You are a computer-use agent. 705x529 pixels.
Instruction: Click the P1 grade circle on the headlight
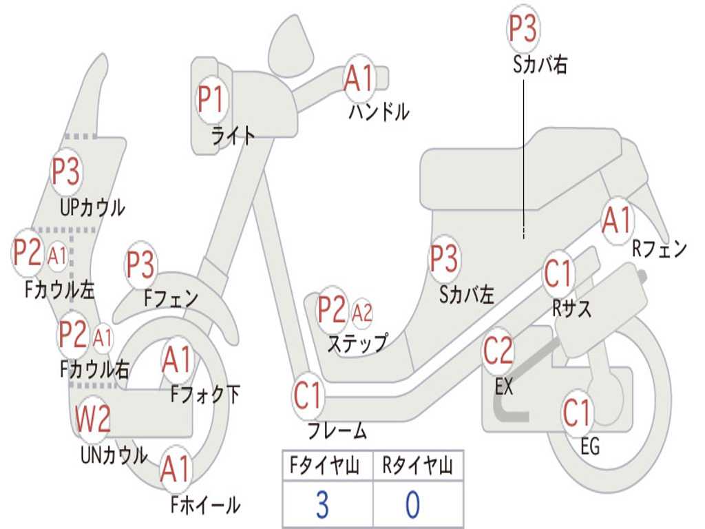[211, 100]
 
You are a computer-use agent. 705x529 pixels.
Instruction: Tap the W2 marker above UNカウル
[93, 418]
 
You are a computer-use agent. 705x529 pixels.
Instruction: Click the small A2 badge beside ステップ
[362, 313]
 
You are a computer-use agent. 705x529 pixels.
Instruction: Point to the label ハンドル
[379, 111]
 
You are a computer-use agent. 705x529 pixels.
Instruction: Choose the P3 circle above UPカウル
[66, 172]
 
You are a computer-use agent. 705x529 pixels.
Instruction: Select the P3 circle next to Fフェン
[140, 264]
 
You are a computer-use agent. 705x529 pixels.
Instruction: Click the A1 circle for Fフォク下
[178, 360]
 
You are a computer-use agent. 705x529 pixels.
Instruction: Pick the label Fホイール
[205, 505]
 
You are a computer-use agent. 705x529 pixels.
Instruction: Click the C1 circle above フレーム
[308, 396]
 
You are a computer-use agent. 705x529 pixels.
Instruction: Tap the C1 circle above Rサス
[558, 274]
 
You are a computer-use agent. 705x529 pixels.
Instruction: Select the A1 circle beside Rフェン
[616, 221]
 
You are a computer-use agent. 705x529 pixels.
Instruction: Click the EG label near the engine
[590, 447]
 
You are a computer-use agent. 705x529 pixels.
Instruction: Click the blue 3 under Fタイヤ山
[322, 505]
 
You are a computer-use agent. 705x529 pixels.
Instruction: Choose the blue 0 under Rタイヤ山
[412, 505]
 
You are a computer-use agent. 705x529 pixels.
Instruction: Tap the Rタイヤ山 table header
[418, 467]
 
